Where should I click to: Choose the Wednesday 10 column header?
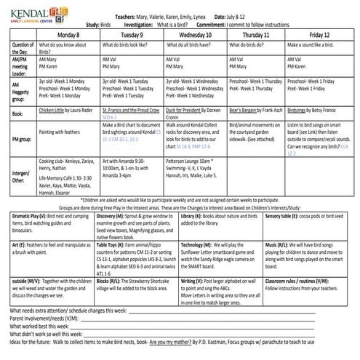tap(196, 35)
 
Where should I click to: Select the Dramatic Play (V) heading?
tap(28, 217)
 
